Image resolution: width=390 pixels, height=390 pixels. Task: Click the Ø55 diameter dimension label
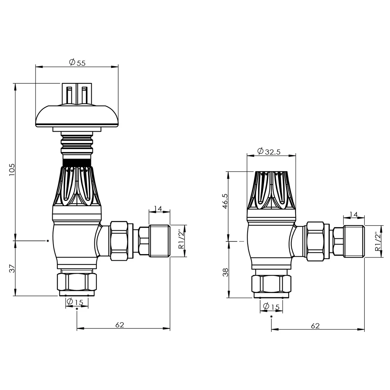click(x=77, y=62)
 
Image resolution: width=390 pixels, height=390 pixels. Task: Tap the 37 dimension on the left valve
click(x=11, y=268)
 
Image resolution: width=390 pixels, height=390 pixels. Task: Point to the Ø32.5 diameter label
click(x=269, y=152)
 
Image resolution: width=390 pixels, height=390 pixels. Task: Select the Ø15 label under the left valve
click(x=74, y=302)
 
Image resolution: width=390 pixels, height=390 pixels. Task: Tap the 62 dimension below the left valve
click(x=120, y=325)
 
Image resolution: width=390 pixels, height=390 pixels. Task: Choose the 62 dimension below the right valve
click(x=316, y=326)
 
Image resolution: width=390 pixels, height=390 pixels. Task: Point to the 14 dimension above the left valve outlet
click(x=158, y=209)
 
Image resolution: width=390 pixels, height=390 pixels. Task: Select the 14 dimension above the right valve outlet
click(x=353, y=214)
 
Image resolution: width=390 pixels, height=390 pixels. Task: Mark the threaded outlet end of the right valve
click(x=354, y=242)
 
